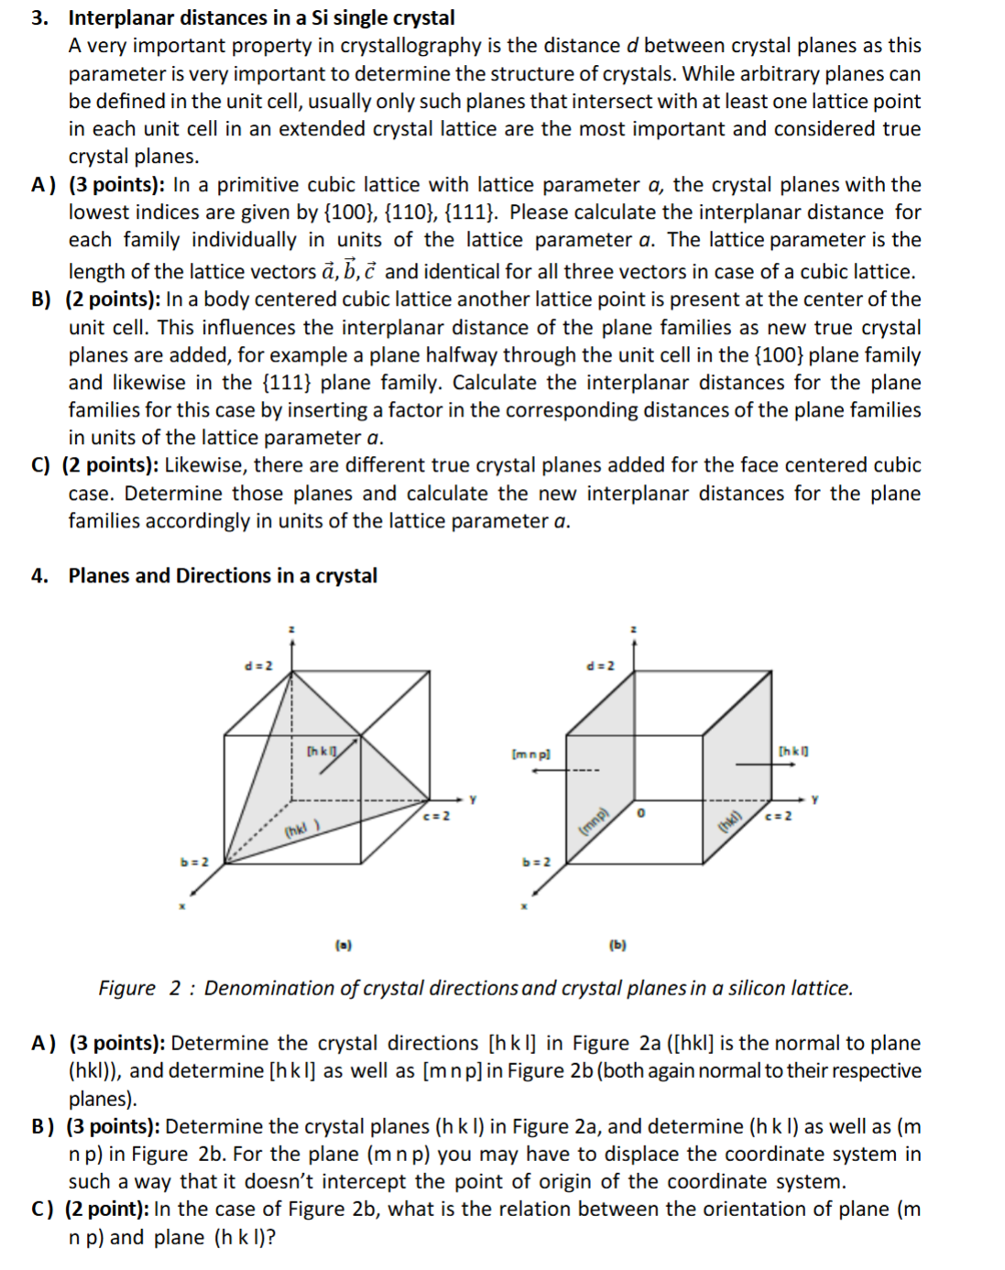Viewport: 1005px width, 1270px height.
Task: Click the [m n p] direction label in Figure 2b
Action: (531, 754)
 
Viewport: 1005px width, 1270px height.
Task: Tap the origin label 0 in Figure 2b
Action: (640, 813)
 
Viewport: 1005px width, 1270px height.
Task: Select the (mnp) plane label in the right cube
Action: (594, 821)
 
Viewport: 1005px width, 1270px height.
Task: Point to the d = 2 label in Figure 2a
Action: (258, 666)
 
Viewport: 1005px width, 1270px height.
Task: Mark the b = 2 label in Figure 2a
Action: (194, 862)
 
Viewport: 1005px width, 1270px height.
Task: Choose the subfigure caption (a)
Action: (344, 944)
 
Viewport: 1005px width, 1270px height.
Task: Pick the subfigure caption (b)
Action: (617, 944)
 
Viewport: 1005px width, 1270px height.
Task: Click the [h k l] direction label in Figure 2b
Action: (792, 752)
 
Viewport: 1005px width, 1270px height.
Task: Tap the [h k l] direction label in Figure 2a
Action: (322, 752)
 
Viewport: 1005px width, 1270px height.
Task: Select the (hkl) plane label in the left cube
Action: (300, 830)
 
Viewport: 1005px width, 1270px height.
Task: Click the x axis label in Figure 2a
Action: (181, 906)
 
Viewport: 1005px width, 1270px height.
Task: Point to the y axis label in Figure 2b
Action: (814, 799)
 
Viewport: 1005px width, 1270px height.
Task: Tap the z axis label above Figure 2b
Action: (634, 629)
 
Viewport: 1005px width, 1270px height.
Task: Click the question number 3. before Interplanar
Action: (39, 18)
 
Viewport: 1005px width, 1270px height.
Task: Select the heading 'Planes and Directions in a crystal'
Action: (223, 576)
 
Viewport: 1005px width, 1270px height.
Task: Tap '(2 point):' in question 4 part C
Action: (106, 1210)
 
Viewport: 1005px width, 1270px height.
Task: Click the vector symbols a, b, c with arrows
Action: (349, 271)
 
